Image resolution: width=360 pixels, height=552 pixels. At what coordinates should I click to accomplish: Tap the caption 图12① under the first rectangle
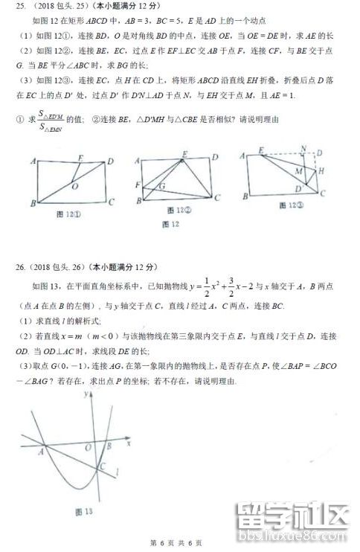coord(72,215)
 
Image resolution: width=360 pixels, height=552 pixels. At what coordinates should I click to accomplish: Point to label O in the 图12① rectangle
coord(75,187)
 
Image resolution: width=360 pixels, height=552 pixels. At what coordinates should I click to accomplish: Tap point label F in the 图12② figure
coord(138,184)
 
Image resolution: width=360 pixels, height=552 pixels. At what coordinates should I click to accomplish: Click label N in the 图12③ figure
coord(303,149)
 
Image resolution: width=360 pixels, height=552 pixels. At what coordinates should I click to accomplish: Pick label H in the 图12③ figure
coord(321,172)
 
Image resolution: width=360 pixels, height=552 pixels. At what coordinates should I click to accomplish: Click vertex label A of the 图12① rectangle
coord(33,161)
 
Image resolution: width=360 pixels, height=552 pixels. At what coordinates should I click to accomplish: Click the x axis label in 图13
coord(129,443)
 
